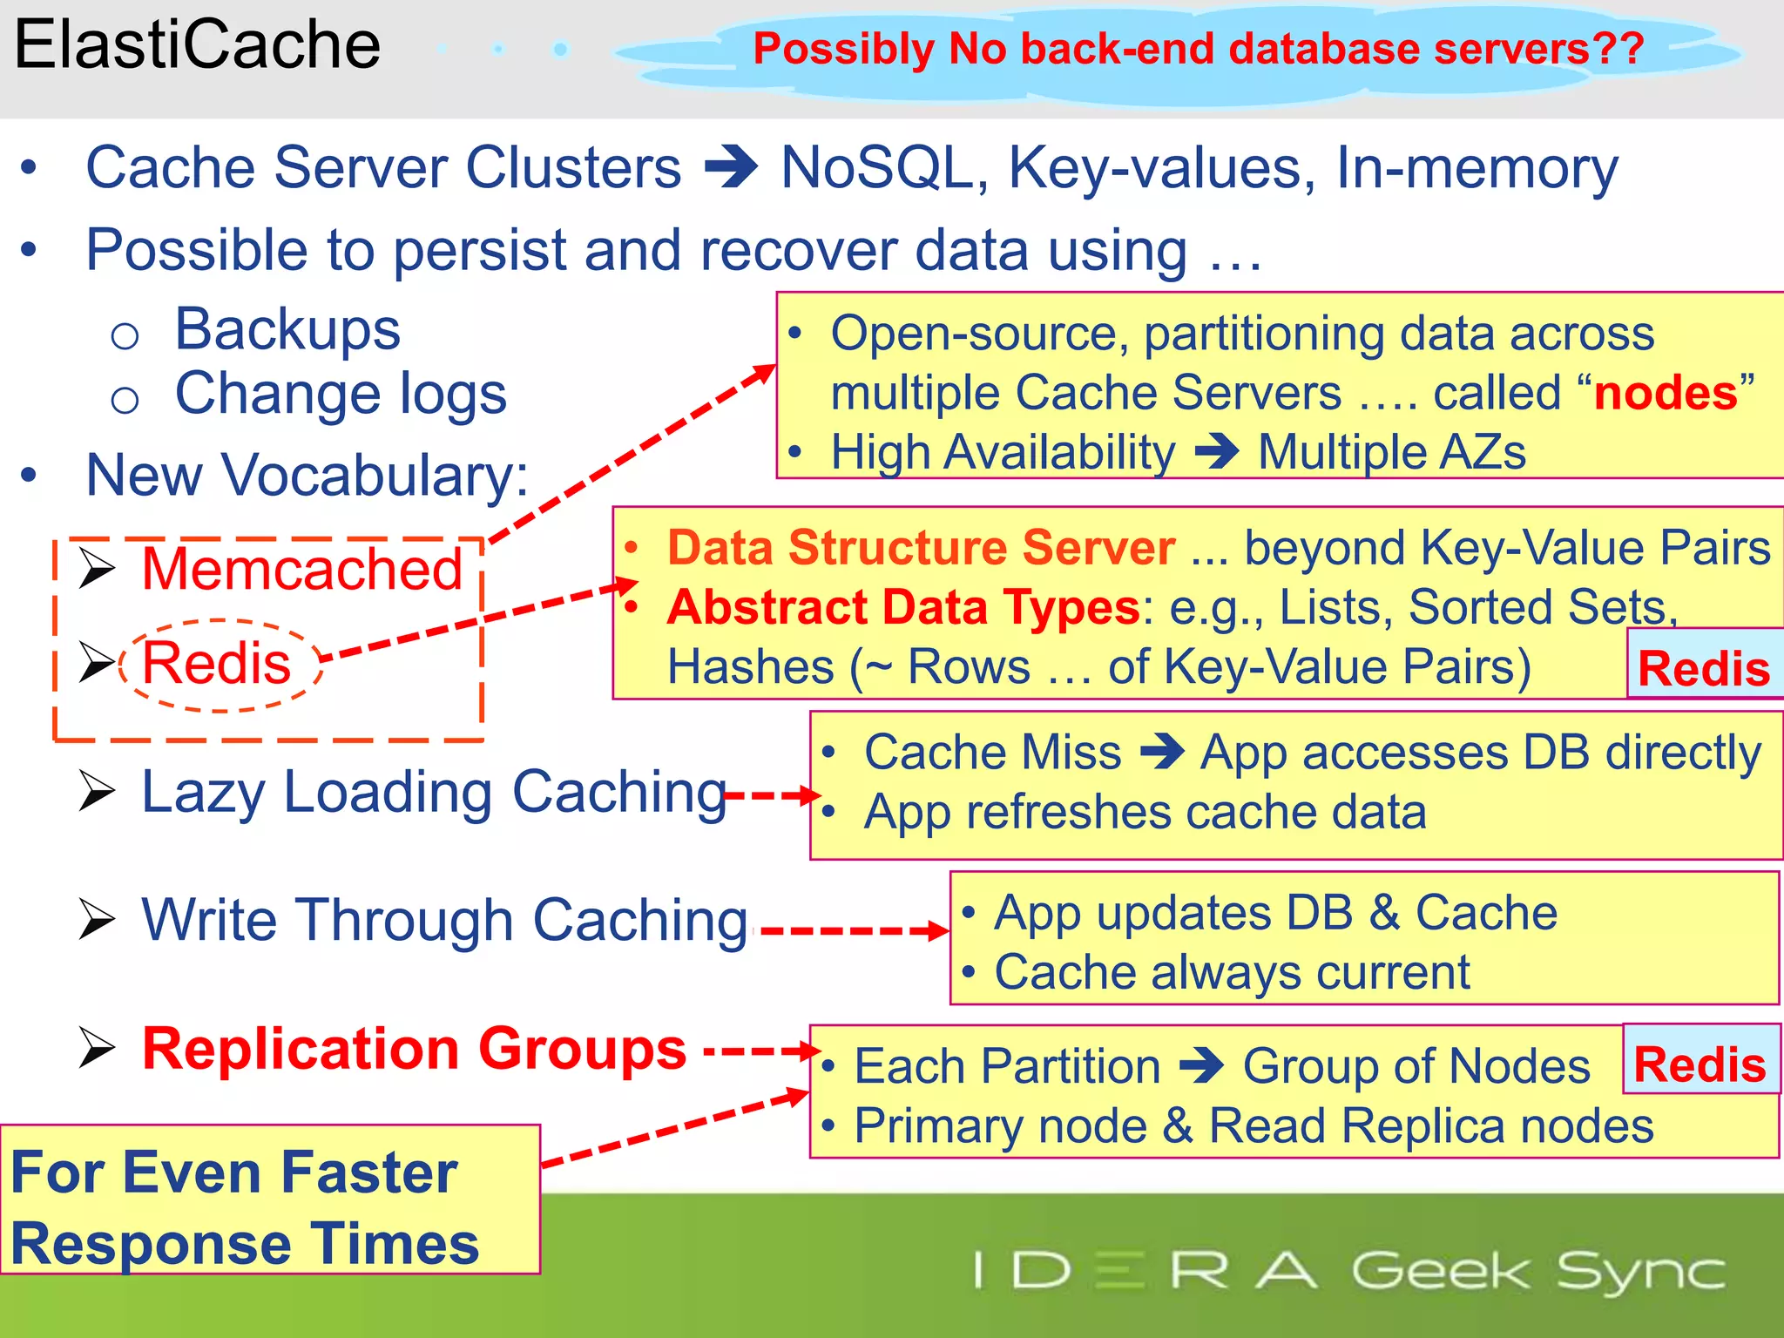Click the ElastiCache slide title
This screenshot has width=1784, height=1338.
click(x=198, y=45)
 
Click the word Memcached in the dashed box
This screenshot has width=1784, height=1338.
click(x=301, y=570)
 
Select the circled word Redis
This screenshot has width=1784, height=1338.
click(x=217, y=664)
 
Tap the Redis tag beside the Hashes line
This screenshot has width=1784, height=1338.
click(x=1703, y=669)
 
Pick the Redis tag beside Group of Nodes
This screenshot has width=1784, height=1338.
click(x=1700, y=1064)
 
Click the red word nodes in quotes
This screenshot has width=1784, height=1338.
click(x=1666, y=393)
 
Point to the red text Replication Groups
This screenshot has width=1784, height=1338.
click(x=414, y=1049)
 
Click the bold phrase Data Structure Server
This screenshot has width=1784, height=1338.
click(x=921, y=549)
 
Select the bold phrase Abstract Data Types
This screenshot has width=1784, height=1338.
click(x=903, y=607)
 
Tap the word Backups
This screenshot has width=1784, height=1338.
click(x=287, y=330)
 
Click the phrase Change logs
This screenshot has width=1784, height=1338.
click(x=341, y=395)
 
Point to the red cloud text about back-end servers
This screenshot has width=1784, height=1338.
click(x=1198, y=49)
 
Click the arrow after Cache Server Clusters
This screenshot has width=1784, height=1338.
click(x=732, y=167)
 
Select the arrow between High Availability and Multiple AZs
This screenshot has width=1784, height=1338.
click(x=1217, y=452)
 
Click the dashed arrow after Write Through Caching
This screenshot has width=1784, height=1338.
click(x=854, y=930)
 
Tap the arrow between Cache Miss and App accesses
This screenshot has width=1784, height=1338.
click(x=1162, y=753)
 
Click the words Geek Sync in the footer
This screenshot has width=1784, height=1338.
click(x=1538, y=1271)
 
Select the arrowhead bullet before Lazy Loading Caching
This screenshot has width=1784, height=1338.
click(x=97, y=791)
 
